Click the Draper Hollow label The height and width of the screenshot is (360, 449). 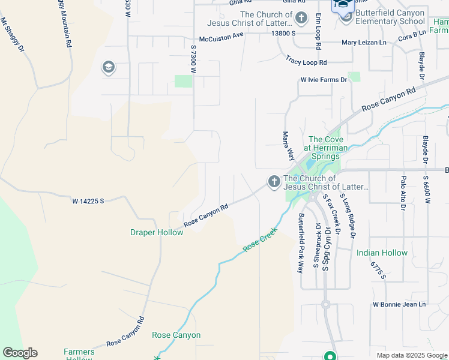[x=157, y=232]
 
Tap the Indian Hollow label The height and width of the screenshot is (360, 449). [x=382, y=253]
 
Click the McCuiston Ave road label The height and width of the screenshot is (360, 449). [x=221, y=34]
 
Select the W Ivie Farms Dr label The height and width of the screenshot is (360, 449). [x=324, y=80]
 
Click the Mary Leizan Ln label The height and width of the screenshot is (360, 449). [x=364, y=43]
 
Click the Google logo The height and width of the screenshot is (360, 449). [x=20, y=353]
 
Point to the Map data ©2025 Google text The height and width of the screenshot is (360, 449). [x=411, y=355]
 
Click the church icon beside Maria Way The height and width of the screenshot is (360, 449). [x=274, y=181]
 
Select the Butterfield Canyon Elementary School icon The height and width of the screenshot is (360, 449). [x=346, y=16]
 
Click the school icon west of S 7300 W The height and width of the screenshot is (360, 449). [x=109, y=67]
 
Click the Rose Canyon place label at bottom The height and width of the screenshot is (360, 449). [x=176, y=335]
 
